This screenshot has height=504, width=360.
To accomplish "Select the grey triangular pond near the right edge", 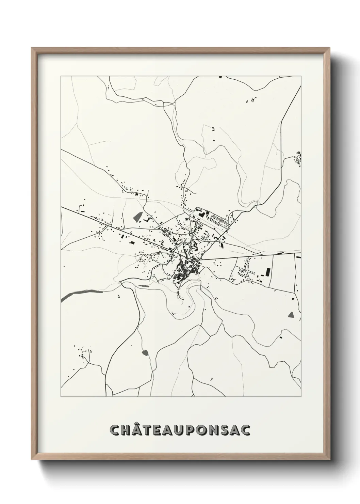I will click(291, 314).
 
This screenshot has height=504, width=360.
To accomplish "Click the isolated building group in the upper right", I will click(251, 100).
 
